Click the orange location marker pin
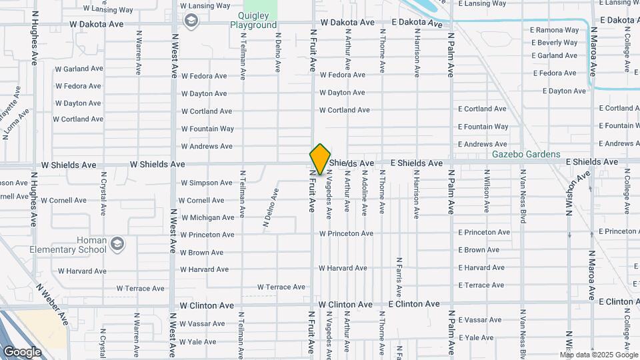(320, 159)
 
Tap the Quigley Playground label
(253, 20)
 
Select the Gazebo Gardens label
(526, 154)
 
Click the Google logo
(22, 352)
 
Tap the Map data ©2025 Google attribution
(599, 355)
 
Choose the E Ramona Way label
(555, 30)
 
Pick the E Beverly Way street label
(555, 43)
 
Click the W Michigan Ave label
(207, 217)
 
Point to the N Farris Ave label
(399, 277)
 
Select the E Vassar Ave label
(480, 320)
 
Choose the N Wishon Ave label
(578, 193)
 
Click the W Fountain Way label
(207, 129)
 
